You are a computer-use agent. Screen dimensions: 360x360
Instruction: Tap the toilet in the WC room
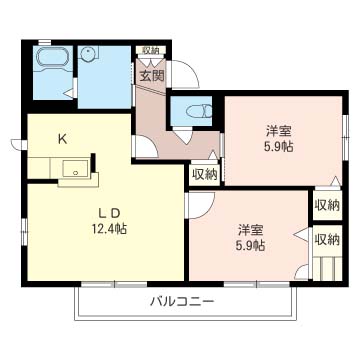(x=199, y=110)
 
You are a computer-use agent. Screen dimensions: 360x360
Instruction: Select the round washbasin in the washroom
(x=89, y=54)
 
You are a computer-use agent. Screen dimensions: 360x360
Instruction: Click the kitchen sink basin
(x=76, y=169)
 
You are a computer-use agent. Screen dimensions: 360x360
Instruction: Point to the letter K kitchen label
(x=62, y=139)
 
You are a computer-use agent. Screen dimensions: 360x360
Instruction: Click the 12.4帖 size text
(x=109, y=229)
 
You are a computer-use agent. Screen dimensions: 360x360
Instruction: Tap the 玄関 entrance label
(x=152, y=77)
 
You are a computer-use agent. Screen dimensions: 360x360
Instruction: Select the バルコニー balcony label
(x=181, y=302)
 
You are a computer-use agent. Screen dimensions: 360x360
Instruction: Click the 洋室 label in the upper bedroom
(x=279, y=131)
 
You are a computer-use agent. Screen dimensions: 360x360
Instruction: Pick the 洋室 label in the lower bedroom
(x=251, y=230)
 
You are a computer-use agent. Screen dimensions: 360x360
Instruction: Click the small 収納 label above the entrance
(x=150, y=50)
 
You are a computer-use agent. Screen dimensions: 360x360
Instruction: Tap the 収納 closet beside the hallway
(x=205, y=175)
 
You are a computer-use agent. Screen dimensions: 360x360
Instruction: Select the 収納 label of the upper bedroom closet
(x=327, y=205)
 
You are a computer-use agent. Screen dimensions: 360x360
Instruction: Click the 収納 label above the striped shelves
(x=327, y=239)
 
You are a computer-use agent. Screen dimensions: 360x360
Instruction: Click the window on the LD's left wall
(x=24, y=232)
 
